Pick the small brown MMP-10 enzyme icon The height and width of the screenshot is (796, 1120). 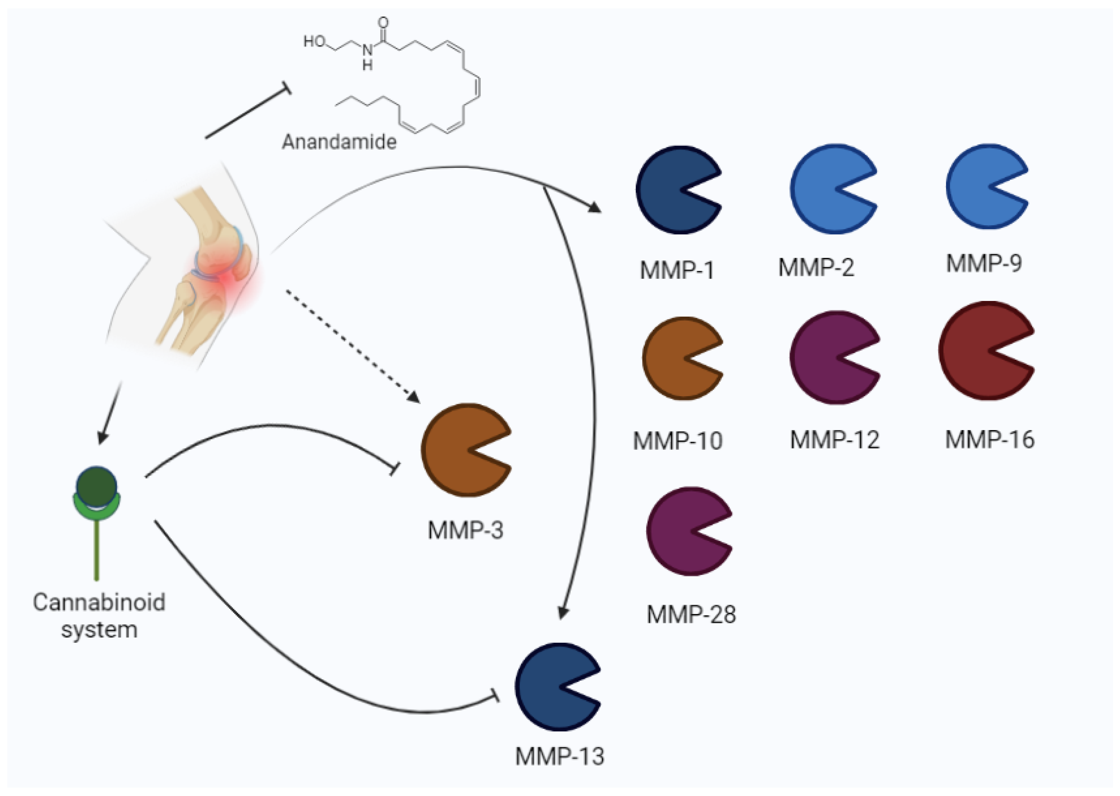click(676, 359)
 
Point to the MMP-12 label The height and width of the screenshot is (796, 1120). click(835, 440)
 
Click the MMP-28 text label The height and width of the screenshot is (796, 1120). click(691, 614)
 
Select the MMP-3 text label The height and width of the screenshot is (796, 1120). click(465, 530)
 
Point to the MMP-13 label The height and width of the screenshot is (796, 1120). click(559, 756)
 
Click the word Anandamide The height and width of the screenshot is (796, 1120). click(339, 142)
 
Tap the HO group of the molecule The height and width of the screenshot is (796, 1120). click(314, 42)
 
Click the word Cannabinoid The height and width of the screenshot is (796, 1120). click(99, 602)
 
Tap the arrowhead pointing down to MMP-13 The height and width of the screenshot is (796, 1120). click(563, 613)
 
